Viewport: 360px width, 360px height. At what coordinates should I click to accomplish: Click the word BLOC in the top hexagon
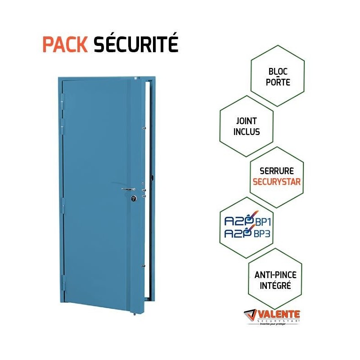277,72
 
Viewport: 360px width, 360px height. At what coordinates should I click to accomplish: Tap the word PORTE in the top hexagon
277,83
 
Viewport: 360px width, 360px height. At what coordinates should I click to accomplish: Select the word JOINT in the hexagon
246,121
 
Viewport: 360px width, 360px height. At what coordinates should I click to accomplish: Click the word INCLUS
246,132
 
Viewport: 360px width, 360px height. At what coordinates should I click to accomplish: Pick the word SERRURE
277,171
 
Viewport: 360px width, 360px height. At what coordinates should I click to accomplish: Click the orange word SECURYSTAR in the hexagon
277,182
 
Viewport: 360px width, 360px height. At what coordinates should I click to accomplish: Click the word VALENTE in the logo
279,315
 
